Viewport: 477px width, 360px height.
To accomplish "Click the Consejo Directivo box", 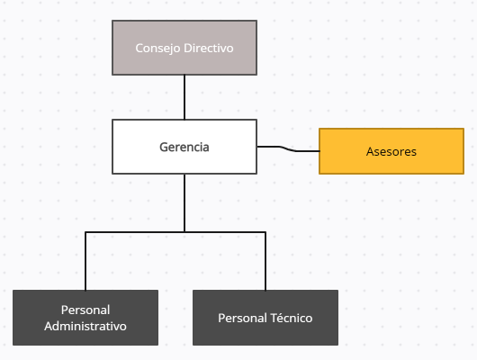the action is [184, 48].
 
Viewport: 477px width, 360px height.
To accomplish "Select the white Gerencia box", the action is [184, 147].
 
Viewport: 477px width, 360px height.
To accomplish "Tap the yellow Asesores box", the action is [391, 151].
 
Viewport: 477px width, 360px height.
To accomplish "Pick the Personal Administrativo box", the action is [85, 318].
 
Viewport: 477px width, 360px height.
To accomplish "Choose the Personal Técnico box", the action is [265, 318].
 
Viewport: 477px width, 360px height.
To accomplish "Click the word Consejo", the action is [157, 49].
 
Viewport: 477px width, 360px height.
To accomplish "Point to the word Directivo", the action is [209, 48].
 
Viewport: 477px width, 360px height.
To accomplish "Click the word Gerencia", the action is [184, 147].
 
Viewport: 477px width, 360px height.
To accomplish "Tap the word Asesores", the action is [391, 151].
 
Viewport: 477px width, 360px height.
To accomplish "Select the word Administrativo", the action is [85, 326].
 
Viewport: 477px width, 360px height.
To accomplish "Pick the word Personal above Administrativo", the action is [85, 310].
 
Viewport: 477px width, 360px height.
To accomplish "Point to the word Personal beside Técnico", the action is [242, 318].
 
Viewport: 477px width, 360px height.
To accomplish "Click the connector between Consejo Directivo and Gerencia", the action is [184, 97].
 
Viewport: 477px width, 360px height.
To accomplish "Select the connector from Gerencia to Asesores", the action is [288, 148].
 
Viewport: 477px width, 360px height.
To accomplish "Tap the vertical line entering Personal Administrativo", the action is [85, 261].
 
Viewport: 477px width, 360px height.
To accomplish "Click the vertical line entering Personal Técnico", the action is [265, 261].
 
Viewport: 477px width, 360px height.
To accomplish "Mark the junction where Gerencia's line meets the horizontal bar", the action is [184, 232].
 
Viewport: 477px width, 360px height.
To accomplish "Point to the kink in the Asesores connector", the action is [288, 148].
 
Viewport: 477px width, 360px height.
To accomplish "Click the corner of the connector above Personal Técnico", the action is [265, 232].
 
